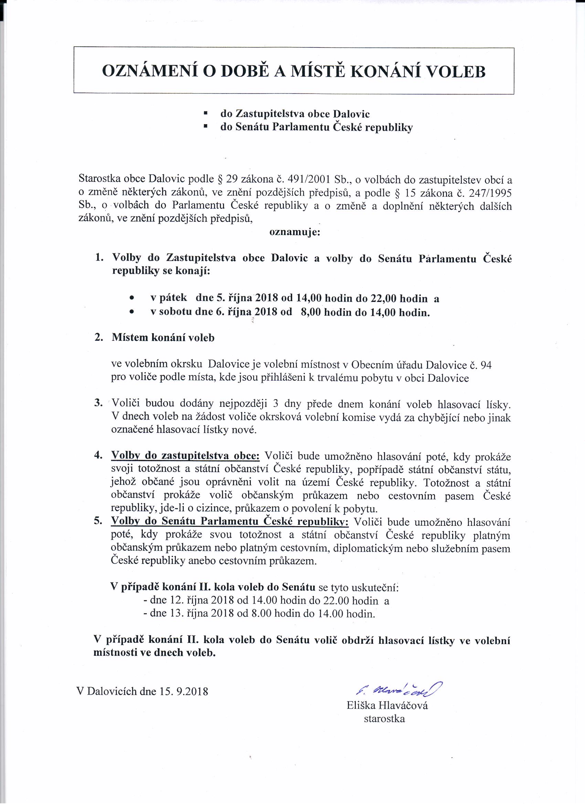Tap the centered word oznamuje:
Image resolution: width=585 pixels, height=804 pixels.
click(295, 232)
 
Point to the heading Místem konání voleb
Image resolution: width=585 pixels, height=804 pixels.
click(163, 337)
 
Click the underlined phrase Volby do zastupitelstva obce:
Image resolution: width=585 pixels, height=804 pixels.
click(185, 456)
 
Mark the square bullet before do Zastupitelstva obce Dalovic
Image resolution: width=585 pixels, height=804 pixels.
click(205, 113)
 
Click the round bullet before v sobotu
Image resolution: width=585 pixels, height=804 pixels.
click(132, 312)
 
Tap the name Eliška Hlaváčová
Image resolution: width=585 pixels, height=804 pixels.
click(387, 705)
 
